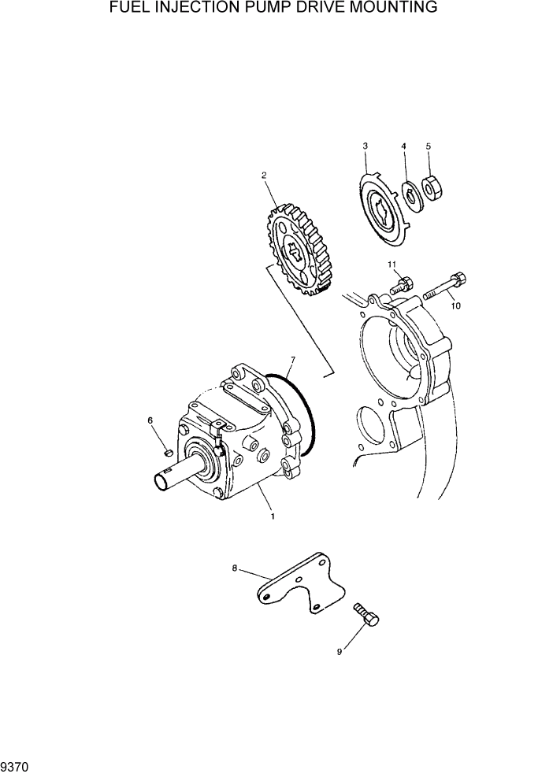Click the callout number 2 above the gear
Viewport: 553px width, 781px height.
click(x=264, y=176)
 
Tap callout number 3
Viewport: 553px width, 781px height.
click(x=365, y=146)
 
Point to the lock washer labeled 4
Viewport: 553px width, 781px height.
click(x=410, y=194)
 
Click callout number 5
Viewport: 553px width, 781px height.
click(x=428, y=146)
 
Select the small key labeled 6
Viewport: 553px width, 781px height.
click(x=168, y=451)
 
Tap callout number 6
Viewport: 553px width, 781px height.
click(x=150, y=421)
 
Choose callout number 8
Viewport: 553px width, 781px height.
click(x=234, y=567)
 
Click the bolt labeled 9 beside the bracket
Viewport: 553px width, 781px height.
click(x=367, y=613)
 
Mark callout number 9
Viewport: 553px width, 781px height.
click(x=340, y=652)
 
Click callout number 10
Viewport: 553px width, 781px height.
click(x=455, y=306)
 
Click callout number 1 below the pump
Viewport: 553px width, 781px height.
click(x=273, y=516)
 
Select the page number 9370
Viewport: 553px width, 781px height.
click(x=15, y=766)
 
